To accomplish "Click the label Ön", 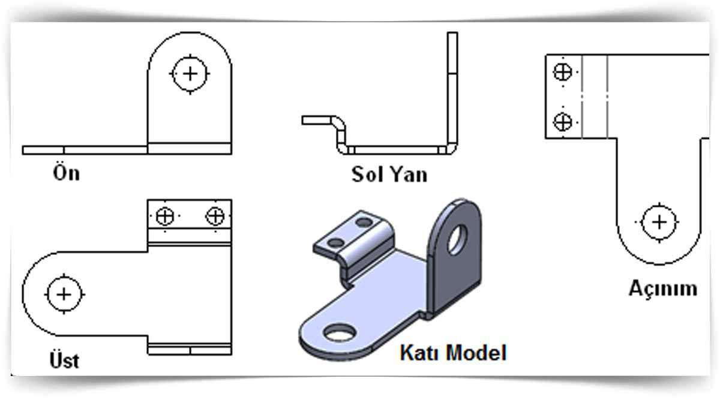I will (x=66, y=173).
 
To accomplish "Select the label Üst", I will (x=64, y=360).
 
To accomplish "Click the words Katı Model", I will (x=452, y=352).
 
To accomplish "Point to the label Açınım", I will (x=663, y=288).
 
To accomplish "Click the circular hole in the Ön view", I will (x=190, y=74).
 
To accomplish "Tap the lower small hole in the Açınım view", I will (x=562, y=122).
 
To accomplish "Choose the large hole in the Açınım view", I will (x=659, y=222).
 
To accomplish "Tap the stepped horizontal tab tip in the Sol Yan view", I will (x=315, y=121).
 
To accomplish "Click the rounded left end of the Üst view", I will (x=36, y=294).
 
